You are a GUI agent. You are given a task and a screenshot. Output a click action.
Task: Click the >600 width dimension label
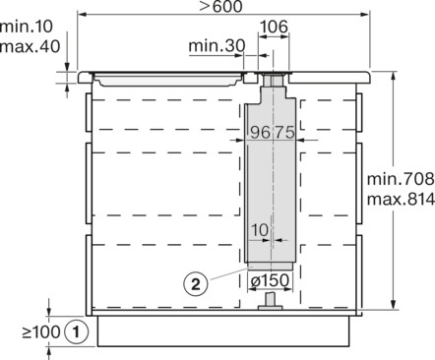tap(224, 8)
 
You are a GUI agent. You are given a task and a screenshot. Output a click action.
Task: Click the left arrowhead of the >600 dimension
tap(80, 17)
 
